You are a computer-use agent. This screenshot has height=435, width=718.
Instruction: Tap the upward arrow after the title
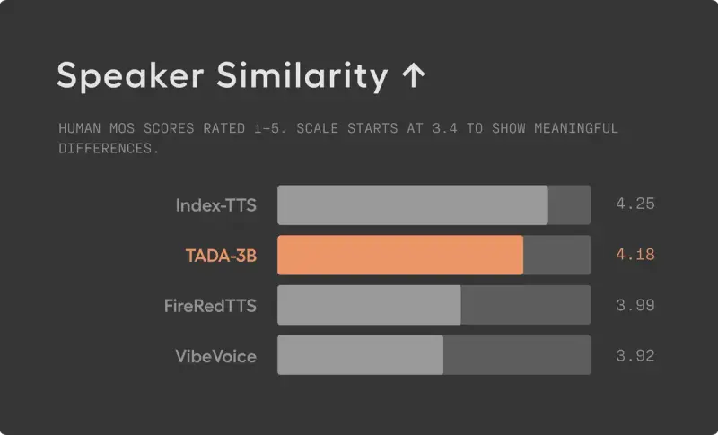pyautogui.click(x=413, y=76)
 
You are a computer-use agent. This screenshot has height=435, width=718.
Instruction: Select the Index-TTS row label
pyautogui.click(x=215, y=205)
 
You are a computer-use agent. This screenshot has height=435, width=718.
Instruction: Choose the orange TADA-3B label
pyautogui.click(x=221, y=256)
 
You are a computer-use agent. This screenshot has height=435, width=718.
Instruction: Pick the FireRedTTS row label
pyautogui.click(x=210, y=306)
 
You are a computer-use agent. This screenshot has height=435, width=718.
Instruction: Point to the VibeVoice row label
pyautogui.click(x=215, y=356)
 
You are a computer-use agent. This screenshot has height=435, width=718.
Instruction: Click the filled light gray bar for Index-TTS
pyautogui.click(x=412, y=205)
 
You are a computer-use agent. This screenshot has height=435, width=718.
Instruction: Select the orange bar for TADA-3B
pyautogui.click(x=399, y=256)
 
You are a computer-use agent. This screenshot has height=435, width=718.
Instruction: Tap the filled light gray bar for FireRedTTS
pyautogui.click(x=369, y=306)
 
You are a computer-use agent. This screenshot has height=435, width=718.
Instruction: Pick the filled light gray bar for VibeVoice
pyautogui.click(x=360, y=356)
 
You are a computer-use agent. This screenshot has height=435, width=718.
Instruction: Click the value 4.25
pyautogui.click(x=635, y=204)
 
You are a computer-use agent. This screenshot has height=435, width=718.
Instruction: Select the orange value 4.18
pyautogui.click(x=635, y=255)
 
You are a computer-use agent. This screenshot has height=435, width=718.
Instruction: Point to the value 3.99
pyautogui.click(x=635, y=305)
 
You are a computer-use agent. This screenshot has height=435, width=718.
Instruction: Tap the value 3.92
pyautogui.click(x=635, y=356)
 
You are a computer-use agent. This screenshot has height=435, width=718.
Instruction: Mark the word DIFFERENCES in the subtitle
pyautogui.click(x=108, y=148)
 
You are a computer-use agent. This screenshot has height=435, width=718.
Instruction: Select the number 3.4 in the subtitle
pyautogui.click(x=443, y=128)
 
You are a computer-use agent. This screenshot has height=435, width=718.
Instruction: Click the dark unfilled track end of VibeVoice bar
pyautogui.click(x=516, y=356)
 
